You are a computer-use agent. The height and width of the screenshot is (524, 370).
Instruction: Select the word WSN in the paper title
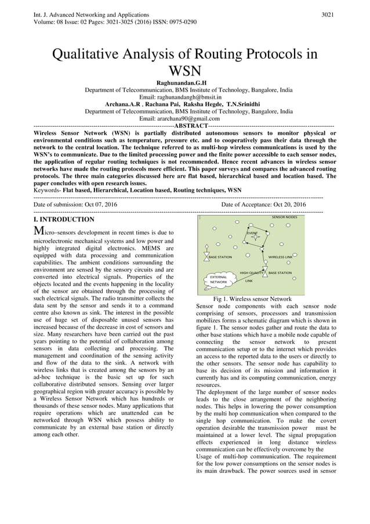pos(184,71)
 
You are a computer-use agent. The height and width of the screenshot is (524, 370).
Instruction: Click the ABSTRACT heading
pos(191,125)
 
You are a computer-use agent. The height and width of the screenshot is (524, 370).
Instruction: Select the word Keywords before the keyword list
pos(47,190)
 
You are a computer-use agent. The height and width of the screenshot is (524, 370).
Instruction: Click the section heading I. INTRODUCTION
pos(64,220)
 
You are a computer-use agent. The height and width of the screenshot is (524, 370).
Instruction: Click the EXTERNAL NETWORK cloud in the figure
pos(219,279)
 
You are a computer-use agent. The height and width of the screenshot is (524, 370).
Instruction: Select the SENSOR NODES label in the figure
pos(285,217)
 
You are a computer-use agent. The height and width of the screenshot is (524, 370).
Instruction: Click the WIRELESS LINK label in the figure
pos(280,257)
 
